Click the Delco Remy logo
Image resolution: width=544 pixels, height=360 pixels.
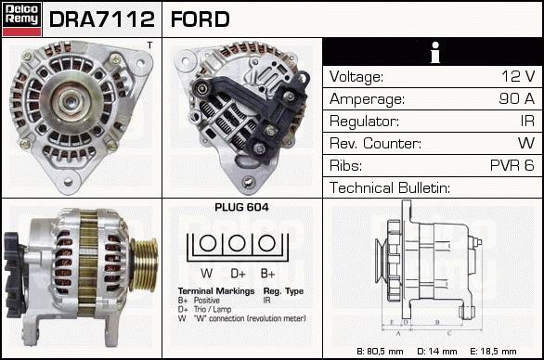(x=21, y=19)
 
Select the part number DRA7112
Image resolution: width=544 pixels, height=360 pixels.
(x=102, y=19)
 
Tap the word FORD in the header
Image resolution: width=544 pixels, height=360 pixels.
(x=201, y=19)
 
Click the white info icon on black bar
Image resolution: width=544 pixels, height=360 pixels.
(x=435, y=52)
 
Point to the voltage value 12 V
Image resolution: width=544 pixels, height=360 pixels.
(x=518, y=76)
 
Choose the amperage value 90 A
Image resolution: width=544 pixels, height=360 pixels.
(x=516, y=98)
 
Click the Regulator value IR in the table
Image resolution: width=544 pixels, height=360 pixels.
(x=527, y=121)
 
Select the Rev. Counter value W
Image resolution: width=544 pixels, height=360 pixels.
(x=526, y=143)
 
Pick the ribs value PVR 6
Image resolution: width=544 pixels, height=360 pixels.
(x=512, y=165)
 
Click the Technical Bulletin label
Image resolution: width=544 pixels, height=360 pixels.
(x=390, y=187)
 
